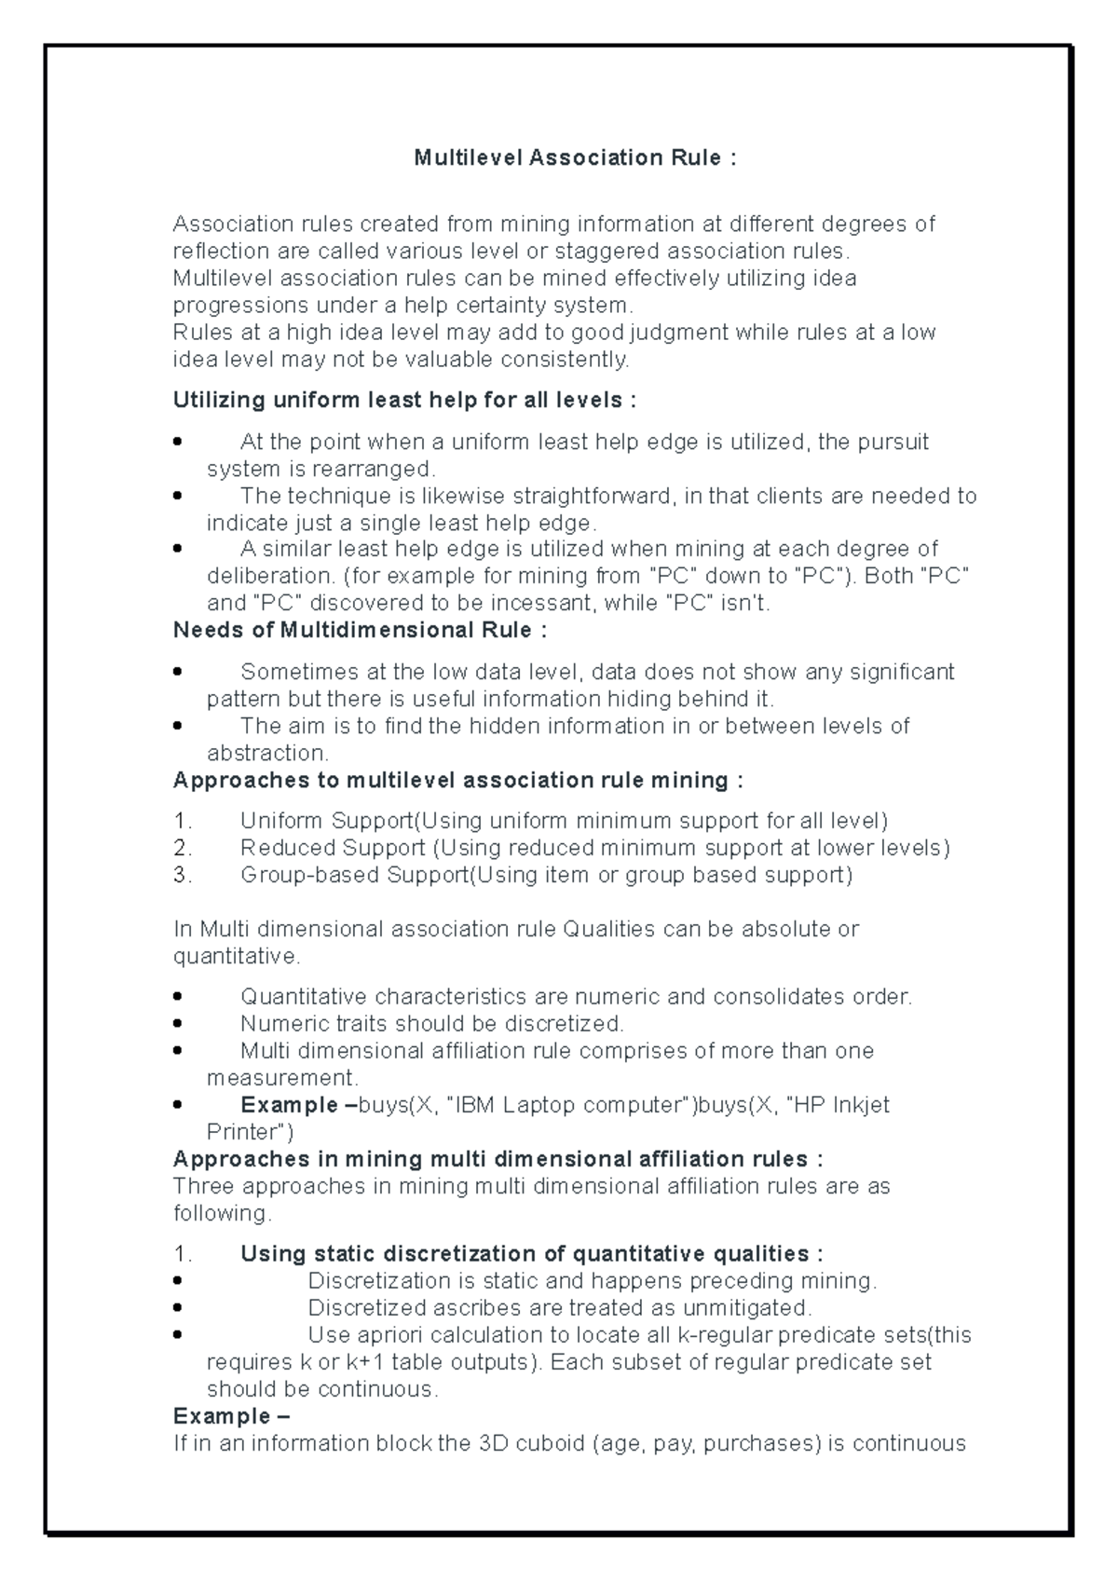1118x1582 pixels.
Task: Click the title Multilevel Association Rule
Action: click(x=575, y=157)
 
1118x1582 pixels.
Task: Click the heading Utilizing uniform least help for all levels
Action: click(x=404, y=401)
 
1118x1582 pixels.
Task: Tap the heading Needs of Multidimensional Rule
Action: click(x=360, y=631)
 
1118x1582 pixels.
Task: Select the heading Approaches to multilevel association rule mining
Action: click(x=457, y=781)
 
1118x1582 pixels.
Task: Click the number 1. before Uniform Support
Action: click(x=183, y=822)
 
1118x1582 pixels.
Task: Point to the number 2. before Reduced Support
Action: click(x=183, y=849)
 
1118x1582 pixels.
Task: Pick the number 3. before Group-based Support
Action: click(x=183, y=876)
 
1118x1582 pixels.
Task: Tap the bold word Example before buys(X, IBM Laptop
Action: click(x=289, y=1106)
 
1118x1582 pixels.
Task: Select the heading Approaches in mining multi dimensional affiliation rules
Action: click(x=498, y=1160)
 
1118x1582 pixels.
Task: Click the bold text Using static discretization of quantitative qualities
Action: click(x=531, y=1254)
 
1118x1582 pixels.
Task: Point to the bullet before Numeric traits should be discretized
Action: click(x=178, y=1025)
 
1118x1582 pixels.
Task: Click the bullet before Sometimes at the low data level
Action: click(x=178, y=673)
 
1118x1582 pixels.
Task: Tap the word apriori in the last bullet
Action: click(x=381, y=1335)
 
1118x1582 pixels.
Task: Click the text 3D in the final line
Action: click(x=493, y=1444)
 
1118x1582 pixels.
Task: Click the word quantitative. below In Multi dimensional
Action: click(x=237, y=957)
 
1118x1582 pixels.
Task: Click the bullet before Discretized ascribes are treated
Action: click(x=178, y=1309)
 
